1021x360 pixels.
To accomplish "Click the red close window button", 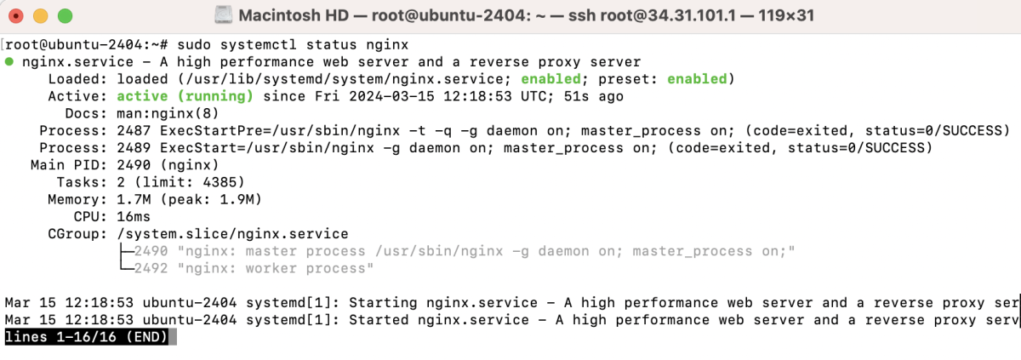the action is pyautogui.click(x=16, y=16).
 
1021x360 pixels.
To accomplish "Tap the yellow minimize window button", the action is pyautogui.click(x=41, y=16).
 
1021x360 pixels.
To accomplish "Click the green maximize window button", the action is pyautogui.click(x=66, y=16).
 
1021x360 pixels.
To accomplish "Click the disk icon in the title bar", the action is pyautogui.click(x=223, y=15).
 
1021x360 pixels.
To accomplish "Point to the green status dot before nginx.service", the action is pyautogui.click(x=9, y=61).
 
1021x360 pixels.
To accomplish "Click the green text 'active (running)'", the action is pyautogui.click(x=185, y=97).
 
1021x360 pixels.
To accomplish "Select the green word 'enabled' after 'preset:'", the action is pyautogui.click(x=697, y=79).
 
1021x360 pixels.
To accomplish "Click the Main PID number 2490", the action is pyautogui.click(x=134, y=165).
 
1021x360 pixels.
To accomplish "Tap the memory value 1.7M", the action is pyautogui.click(x=134, y=200).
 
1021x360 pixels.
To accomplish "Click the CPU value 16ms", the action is pyautogui.click(x=134, y=217).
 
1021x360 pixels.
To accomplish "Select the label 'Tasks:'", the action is pyautogui.click(x=82, y=183).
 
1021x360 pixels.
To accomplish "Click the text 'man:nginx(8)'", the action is pyautogui.click(x=168, y=113).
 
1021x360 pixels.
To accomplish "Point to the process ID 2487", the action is pyautogui.click(x=134, y=131).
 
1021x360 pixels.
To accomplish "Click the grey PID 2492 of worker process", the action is pyautogui.click(x=151, y=268).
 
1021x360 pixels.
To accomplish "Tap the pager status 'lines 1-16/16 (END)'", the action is pyautogui.click(x=87, y=337).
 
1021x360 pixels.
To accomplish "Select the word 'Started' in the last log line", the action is pyautogui.click(x=379, y=320).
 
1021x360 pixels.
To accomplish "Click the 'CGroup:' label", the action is pyautogui.click(x=77, y=234).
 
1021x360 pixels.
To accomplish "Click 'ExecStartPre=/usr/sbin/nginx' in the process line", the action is pyautogui.click(x=280, y=131).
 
